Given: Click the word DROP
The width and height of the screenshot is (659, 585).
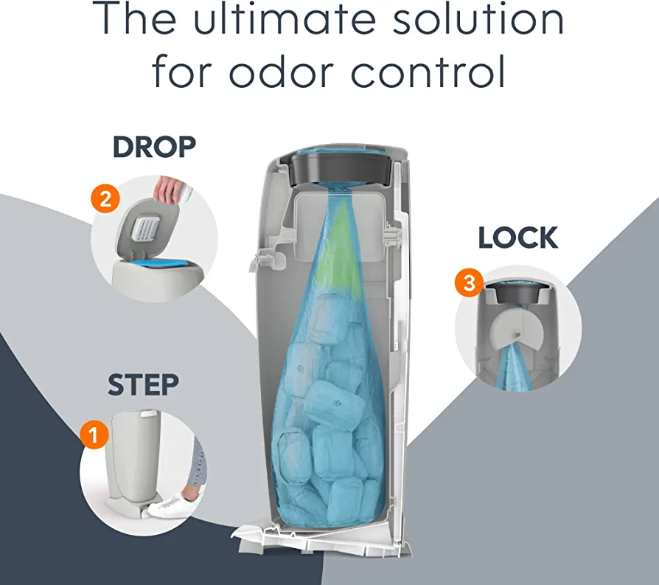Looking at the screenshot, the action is click(154, 147).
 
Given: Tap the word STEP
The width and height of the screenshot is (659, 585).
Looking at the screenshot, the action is click(143, 385).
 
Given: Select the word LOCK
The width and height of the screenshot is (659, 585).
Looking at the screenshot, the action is click(517, 238).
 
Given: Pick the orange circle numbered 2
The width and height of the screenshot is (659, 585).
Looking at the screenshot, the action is click(105, 198).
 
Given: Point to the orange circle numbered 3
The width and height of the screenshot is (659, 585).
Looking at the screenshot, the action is click(469, 283).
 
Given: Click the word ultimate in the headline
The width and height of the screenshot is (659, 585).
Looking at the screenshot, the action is click(285, 18).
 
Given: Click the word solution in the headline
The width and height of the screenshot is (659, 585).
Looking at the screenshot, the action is click(478, 18).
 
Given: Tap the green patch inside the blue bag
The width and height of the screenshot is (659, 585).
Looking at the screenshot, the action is click(340, 248).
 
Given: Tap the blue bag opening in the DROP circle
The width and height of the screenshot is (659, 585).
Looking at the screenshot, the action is click(162, 265).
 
